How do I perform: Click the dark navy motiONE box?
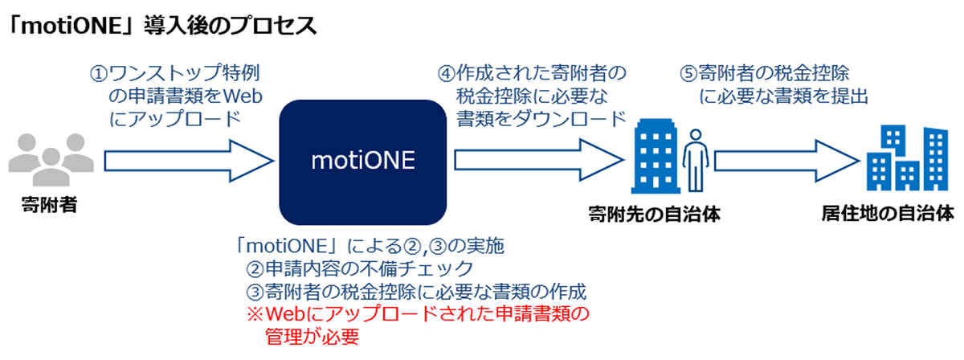pyautogui.click(x=363, y=162)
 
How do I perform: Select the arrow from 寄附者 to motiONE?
pyautogui.click(x=190, y=161)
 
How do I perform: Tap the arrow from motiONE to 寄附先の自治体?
pyautogui.click(x=539, y=160)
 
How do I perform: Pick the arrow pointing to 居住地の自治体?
pyautogui.click(x=787, y=161)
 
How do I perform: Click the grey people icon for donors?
pyautogui.click(x=51, y=159)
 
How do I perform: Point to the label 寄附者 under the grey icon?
pyautogui.click(x=50, y=205)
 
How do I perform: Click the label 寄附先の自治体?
pyautogui.click(x=654, y=214)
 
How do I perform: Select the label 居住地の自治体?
pyautogui.click(x=888, y=213)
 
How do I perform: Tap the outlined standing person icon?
pyautogui.click(x=696, y=160)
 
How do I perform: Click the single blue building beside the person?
pyautogui.click(x=656, y=157)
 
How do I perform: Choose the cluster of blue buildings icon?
pyautogui.click(x=907, y=158)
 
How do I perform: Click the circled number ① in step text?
pyautogui.click(x=99, y=74)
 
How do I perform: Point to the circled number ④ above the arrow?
pyautogui.click(x=447, y=74)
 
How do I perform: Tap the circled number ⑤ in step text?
pyautogui.click(x=688, y=74)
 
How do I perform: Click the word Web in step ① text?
pyautogui.click(x=243, y=96)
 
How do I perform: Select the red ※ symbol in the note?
pyautogui.click(x=255, y=314)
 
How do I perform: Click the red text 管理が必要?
pyautogui.click(x=312, y=337)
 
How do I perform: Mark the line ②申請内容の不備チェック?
pyautogui.click(x=359, y=268)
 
